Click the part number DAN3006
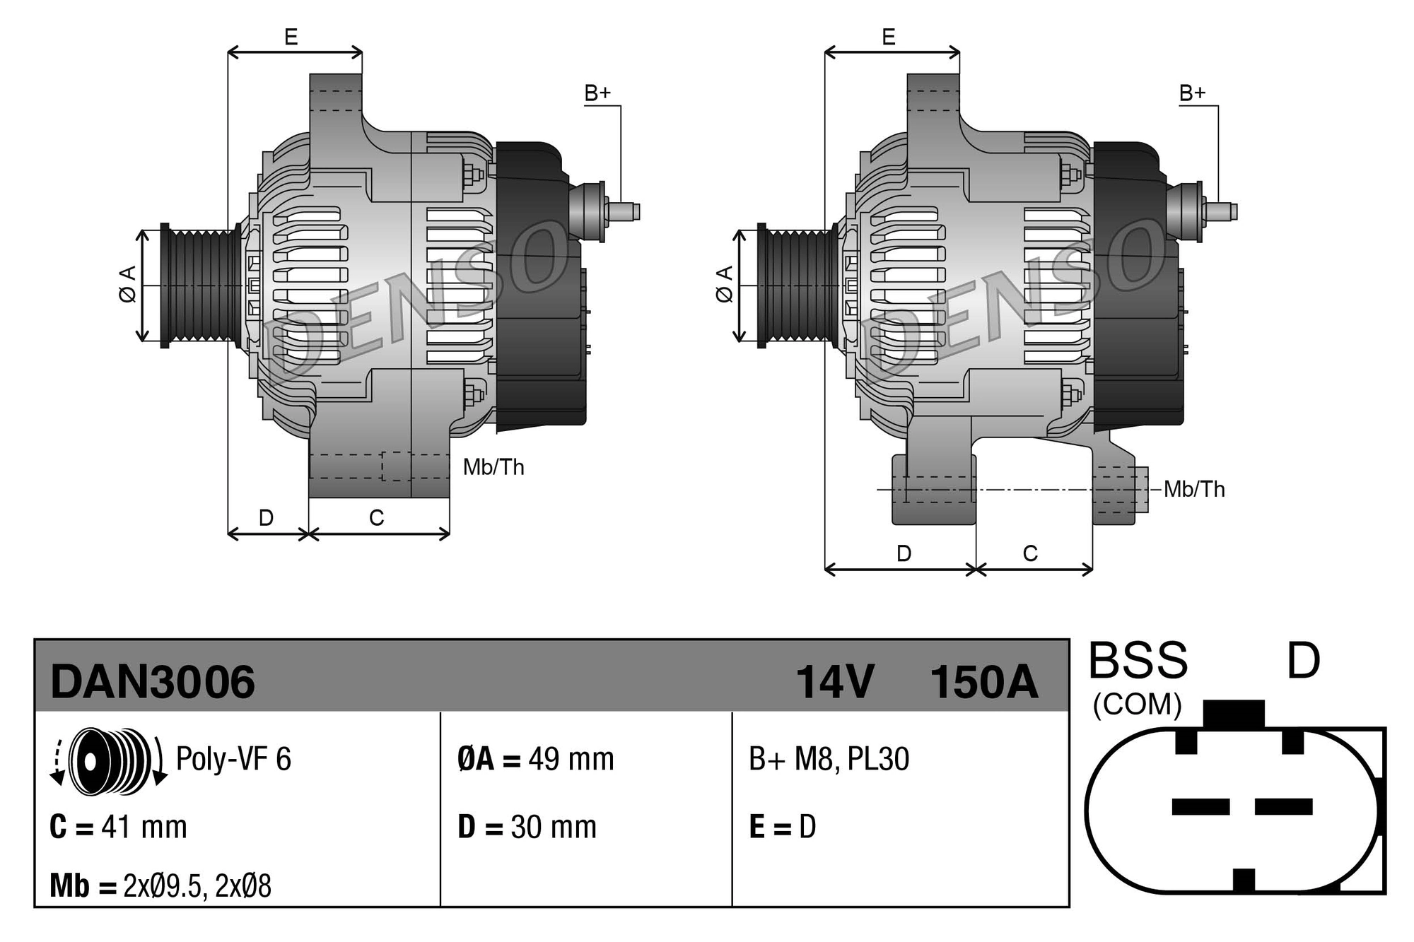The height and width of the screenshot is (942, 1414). tap(152, 682)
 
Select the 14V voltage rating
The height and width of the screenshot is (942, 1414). tap(835, 682)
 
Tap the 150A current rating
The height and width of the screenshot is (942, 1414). tap(983, 682)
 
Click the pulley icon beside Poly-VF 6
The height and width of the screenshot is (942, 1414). tap(110, 760)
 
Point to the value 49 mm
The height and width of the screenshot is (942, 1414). tap(571, 760)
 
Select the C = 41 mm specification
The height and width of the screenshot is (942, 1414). tap(118, 827)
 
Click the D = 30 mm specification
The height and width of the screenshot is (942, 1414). tap(527, 827)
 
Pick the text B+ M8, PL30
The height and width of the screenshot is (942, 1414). tap(829, 760)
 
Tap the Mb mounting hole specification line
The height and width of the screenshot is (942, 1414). tap(160, 885)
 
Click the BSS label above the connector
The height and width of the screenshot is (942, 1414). tap(1137, 661)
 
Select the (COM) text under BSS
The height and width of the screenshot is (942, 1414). tap(1137, 705)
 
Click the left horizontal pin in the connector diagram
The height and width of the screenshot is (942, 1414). tap(1200, 806)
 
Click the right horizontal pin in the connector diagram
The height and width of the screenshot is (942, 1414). tap(1283, 806)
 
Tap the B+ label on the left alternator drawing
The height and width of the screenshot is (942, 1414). tap(597, 93)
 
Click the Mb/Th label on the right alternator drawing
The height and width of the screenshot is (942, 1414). tap(1194, 489)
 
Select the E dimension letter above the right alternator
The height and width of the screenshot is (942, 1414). tap(889, 37)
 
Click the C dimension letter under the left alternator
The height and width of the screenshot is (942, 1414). tap(376, 518)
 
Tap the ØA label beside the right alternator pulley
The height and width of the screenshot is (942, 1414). tap(724, 285)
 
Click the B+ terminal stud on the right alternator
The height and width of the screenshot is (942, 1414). tap(1222, 211)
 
